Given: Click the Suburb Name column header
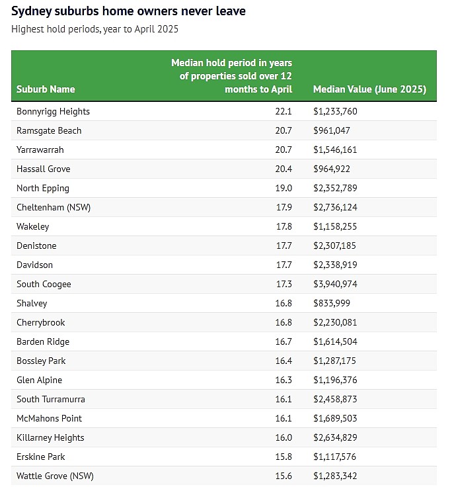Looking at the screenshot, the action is pos(46,89).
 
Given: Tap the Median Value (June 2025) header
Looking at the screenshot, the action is pos(369,89).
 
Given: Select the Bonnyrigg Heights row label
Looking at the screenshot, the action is pos(53,112).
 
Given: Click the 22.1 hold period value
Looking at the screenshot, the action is pos(283,111).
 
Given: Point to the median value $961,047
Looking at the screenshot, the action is pos(331,130).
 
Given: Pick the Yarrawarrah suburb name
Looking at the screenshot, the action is pos(40,150).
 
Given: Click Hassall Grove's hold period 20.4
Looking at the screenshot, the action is pos(283,169).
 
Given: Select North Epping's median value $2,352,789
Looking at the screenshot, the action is pos(335,188).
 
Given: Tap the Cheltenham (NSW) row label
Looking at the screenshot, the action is pos(54,207).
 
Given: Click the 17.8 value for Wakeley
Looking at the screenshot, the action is pos(284,226).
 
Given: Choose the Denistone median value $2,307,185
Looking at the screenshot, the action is pos(334,245).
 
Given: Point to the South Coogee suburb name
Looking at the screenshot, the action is pos(44,284).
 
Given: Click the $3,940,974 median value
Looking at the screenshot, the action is pos(335,284).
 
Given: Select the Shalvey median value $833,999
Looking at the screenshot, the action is pos(331,303).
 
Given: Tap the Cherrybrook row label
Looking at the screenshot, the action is pos(40,322).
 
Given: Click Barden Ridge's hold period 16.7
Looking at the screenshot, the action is pos(283,341).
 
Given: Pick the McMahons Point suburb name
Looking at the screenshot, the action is pos(49,418).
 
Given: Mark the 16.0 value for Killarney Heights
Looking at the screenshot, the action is pos(283,437).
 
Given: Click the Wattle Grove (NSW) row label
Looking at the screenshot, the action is pos(55,476).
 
